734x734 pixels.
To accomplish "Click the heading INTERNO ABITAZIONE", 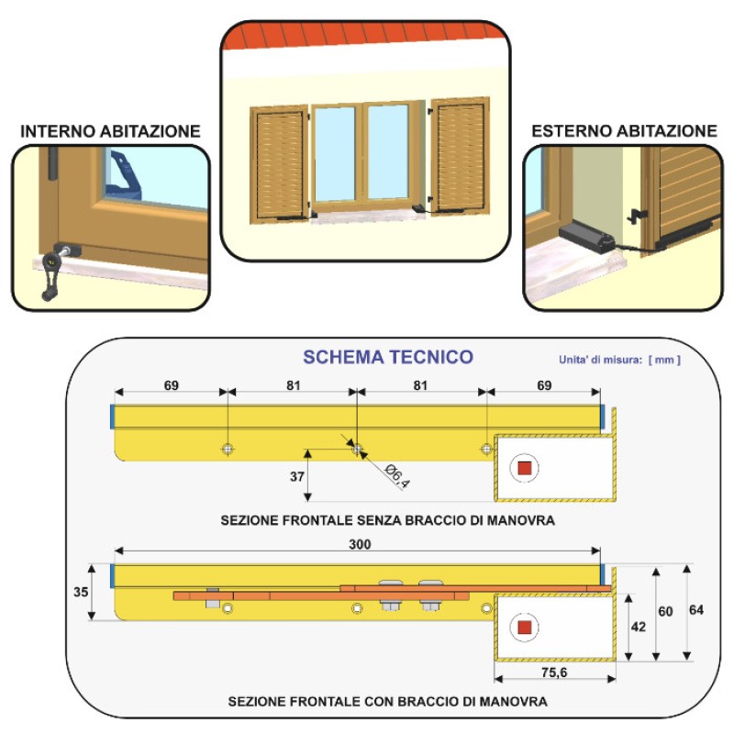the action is click(x=110, y=131).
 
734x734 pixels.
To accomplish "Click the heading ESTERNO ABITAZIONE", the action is click(x=625, y=131).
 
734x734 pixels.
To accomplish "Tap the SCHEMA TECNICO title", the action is click(x=388, y=357).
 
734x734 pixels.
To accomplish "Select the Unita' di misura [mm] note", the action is click(x=619, y=360).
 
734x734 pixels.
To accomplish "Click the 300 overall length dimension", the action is click(x=360, y=544).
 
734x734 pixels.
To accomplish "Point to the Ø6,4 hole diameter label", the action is click(x=396, y=476).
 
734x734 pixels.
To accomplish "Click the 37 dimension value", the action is click(x=297, y=476).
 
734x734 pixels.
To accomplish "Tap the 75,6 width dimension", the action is click(x=554, y=673).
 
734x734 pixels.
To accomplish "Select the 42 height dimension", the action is click(x=639, y=627).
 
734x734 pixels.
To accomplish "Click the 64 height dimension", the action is click(x=696, y=610).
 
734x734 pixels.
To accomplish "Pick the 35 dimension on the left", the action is click(x=81, y=592).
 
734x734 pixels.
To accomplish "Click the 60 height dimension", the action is click(x=666, y=611).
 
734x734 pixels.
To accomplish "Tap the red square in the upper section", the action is click(x=525, y=468).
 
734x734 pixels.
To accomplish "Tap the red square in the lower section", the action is click(x=525, y=628).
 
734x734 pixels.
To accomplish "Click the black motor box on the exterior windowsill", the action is click(x=586, y=237).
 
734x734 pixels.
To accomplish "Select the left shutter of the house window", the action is click(x=280, y=163).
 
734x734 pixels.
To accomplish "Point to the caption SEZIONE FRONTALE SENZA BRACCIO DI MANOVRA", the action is click(x=388, y=520).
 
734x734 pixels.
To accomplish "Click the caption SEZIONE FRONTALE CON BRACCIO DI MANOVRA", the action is click(x=388, y=701).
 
